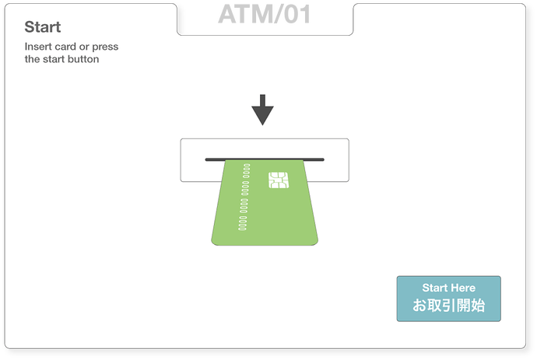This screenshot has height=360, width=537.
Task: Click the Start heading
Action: pos(43,27)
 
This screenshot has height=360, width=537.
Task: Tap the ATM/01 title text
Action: pos(265,14)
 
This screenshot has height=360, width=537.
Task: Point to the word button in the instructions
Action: pos(83,59)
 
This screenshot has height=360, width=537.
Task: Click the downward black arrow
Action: pos(262,110)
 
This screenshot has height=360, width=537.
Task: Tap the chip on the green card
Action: pos(279,180)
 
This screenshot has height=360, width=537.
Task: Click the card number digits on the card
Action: pos(244,197)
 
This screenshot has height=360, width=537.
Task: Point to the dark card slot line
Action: pos(265,159)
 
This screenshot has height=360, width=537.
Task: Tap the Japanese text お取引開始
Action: pos(448,306)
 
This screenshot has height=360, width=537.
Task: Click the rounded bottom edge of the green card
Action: pos(265,243)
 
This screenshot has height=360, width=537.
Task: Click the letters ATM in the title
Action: pos(244,14)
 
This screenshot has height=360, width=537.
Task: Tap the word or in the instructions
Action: pos(84,47)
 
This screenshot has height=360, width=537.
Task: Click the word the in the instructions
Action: pos(32,59)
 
